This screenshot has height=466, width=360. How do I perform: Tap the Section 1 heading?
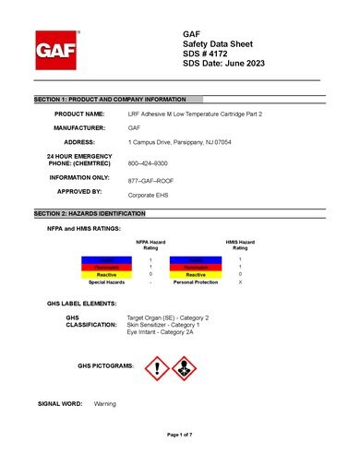point(120,98)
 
